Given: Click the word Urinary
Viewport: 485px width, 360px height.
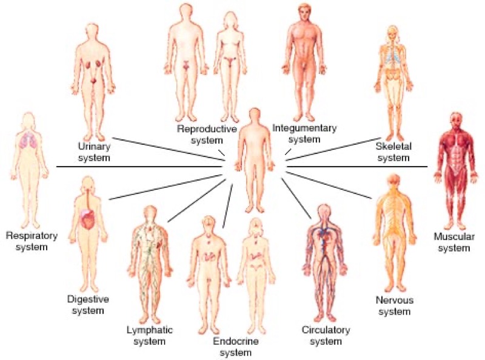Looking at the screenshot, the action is [x=94, y=146].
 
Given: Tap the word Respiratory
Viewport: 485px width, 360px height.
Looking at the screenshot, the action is [x=32, y=236].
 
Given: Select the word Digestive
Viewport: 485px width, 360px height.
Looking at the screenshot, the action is [x=88, y=299].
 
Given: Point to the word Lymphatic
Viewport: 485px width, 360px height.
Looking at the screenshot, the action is [x=150, y=330].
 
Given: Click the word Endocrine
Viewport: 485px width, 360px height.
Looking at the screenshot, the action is [x=236, y=341].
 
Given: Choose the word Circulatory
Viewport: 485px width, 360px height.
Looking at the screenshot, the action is [x=326, y=330].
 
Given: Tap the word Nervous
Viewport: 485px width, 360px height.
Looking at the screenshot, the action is [x=395, y=300].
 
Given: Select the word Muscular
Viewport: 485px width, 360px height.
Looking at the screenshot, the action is [x=454, y=237].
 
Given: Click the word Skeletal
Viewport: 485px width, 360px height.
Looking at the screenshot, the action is [x=393, y=146].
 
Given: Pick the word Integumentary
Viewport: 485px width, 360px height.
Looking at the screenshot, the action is [x=304, y=128].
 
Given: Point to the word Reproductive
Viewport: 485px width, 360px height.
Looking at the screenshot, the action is [x=207, y=128].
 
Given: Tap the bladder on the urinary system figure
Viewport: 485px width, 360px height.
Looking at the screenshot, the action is [x=94, y=81].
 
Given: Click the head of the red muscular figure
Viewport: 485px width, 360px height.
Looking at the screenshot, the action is [x=456, y=121].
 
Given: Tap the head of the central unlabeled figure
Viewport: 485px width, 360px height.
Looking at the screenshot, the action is [x=255, y=116].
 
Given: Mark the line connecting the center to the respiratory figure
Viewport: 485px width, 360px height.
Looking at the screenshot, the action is [x=139, y=167].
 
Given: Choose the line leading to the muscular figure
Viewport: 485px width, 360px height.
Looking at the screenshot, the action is [x=357, y=167].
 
